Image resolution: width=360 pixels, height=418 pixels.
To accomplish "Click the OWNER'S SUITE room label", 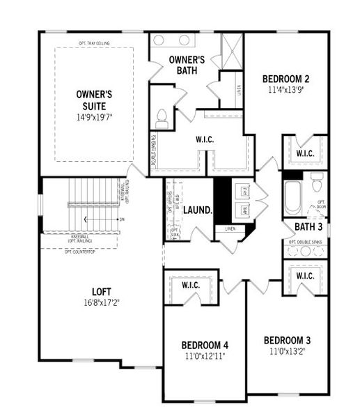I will tap(94, 99).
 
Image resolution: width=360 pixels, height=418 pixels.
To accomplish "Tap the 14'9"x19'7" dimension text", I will tap(94, 117).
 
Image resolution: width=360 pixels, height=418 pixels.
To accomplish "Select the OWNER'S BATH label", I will tap(186, 65).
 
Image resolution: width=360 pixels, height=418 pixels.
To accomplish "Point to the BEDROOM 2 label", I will tap(285, 79).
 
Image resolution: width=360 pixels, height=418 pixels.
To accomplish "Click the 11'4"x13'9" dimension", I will tap(285, 90).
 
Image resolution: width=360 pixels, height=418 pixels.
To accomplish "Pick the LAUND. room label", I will tap(199, 208).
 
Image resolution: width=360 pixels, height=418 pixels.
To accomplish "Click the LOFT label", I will tap(102, 291).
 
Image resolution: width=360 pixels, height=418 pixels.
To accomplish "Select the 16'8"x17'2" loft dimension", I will tap(102, 303).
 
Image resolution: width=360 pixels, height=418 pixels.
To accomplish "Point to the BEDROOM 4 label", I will tap(204, 345).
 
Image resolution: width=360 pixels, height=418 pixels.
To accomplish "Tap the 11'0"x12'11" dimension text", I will tap(204, 356).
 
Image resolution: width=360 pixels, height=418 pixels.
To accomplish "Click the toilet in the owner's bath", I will tap(162, 118).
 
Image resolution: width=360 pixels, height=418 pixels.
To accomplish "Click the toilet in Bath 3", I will tap(317, 183).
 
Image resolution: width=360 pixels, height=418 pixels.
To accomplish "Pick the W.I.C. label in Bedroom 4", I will tap(191, 285).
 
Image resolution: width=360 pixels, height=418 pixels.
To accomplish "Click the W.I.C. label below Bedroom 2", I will tap(304, 153).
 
